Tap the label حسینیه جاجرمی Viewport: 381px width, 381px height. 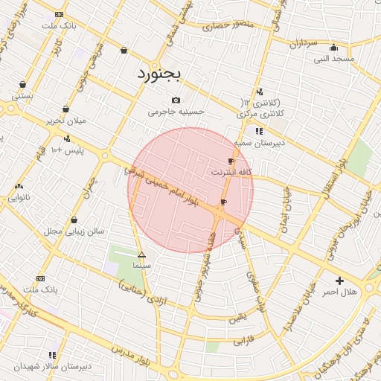176,112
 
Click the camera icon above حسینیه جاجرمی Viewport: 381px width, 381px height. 176,100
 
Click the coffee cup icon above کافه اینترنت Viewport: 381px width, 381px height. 231,161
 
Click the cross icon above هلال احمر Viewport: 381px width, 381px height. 340,281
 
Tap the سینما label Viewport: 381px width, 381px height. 141,265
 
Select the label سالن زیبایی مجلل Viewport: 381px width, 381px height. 74,231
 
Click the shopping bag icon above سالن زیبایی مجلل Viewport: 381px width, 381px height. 74,220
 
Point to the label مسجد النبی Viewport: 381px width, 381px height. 333,59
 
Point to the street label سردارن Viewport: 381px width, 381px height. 304,44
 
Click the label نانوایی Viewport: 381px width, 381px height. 19,198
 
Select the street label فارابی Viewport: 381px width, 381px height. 243,342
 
